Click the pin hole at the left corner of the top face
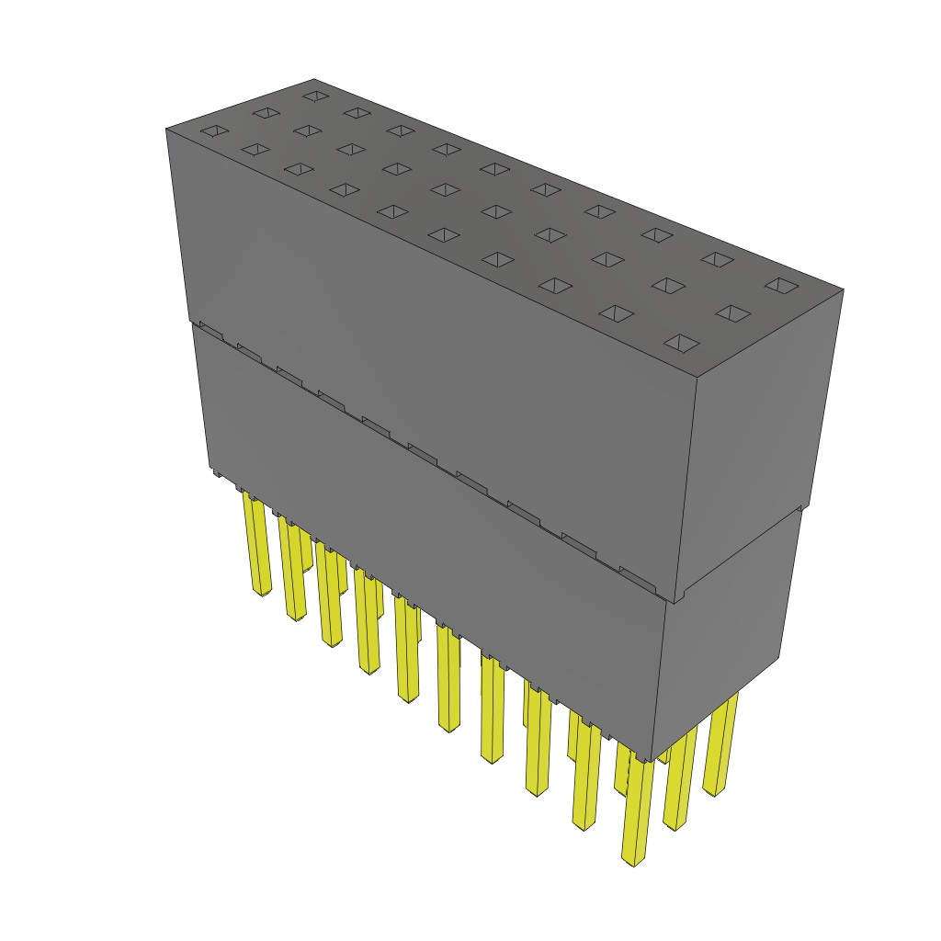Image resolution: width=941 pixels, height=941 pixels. (212, 131)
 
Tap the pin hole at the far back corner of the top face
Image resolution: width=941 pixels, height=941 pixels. (315, 95)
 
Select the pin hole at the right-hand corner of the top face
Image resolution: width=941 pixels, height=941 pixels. (782, 285)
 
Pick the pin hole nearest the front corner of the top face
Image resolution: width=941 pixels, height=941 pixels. (682, 345)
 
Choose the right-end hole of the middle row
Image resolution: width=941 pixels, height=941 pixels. (732, 313)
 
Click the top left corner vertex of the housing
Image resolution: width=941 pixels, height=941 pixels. (166, 129)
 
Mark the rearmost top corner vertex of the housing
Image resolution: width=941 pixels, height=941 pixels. (314, 79)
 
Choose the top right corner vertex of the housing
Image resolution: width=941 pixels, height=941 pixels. (844, 289)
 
